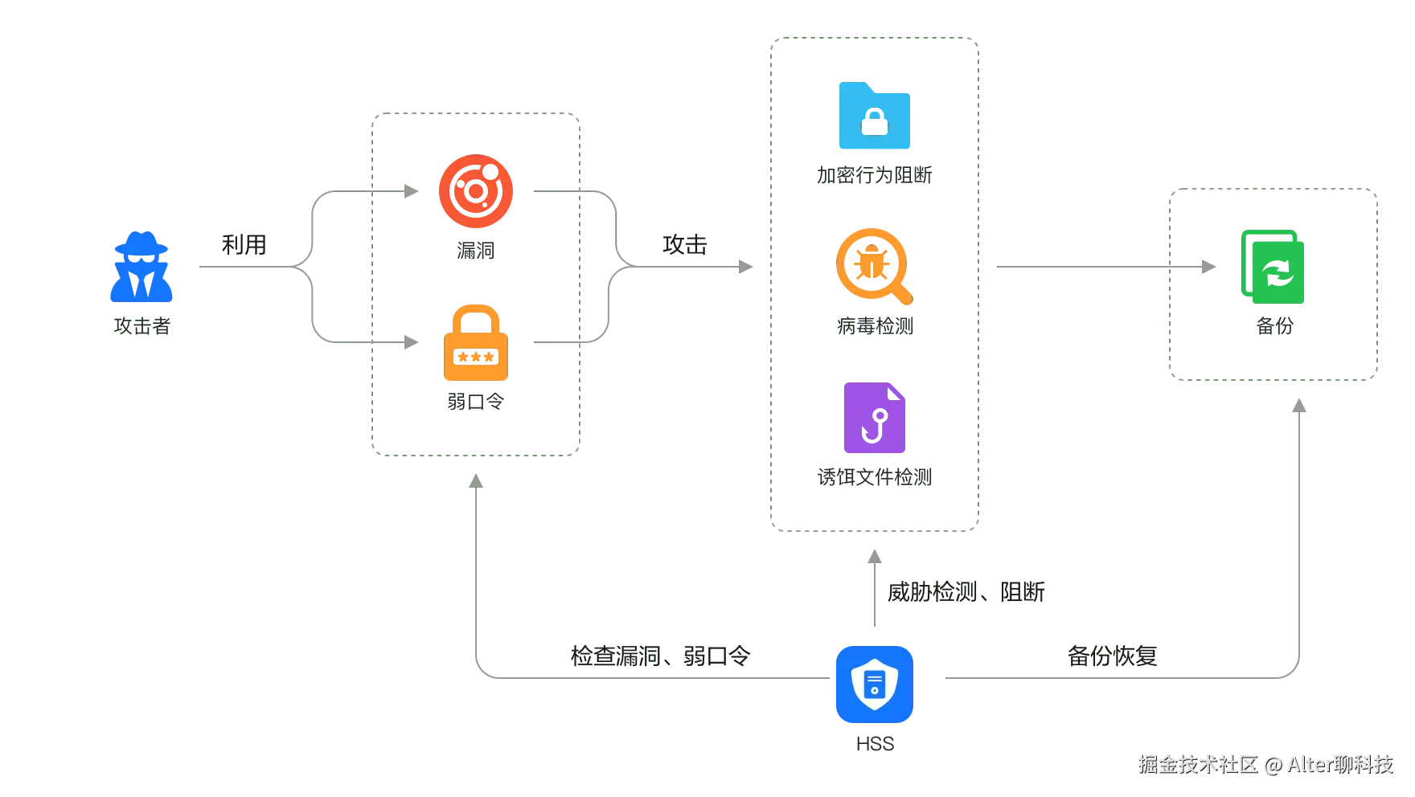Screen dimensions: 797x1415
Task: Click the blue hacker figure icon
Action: point(141,268)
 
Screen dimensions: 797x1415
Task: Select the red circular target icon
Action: point(476,191)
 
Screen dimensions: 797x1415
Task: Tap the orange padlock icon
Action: point(476,343)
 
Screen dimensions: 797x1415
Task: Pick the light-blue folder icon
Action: point(874,116)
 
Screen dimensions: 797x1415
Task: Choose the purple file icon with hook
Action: point(874,418)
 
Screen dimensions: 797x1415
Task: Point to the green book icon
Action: point(1273,267)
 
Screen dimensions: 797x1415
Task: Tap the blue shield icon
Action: point(874,685)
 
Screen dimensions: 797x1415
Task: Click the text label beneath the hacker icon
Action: point(141,327)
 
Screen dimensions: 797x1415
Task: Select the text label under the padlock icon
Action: point(475,401)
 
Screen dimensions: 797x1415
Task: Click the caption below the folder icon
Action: point(874,174)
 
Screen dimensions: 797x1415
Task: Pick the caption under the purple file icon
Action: point(874,476)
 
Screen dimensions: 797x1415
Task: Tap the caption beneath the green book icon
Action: point(1273,327)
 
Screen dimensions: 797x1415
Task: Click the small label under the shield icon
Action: point(874,743)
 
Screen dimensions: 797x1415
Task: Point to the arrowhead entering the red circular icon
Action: point(411,191)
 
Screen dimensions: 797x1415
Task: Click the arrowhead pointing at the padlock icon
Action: point(411,343)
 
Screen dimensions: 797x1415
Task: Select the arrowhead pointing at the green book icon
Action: point(1208,267)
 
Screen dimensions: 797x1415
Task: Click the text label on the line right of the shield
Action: point(1112,656)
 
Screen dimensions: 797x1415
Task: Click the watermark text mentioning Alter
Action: point(1266,763)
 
